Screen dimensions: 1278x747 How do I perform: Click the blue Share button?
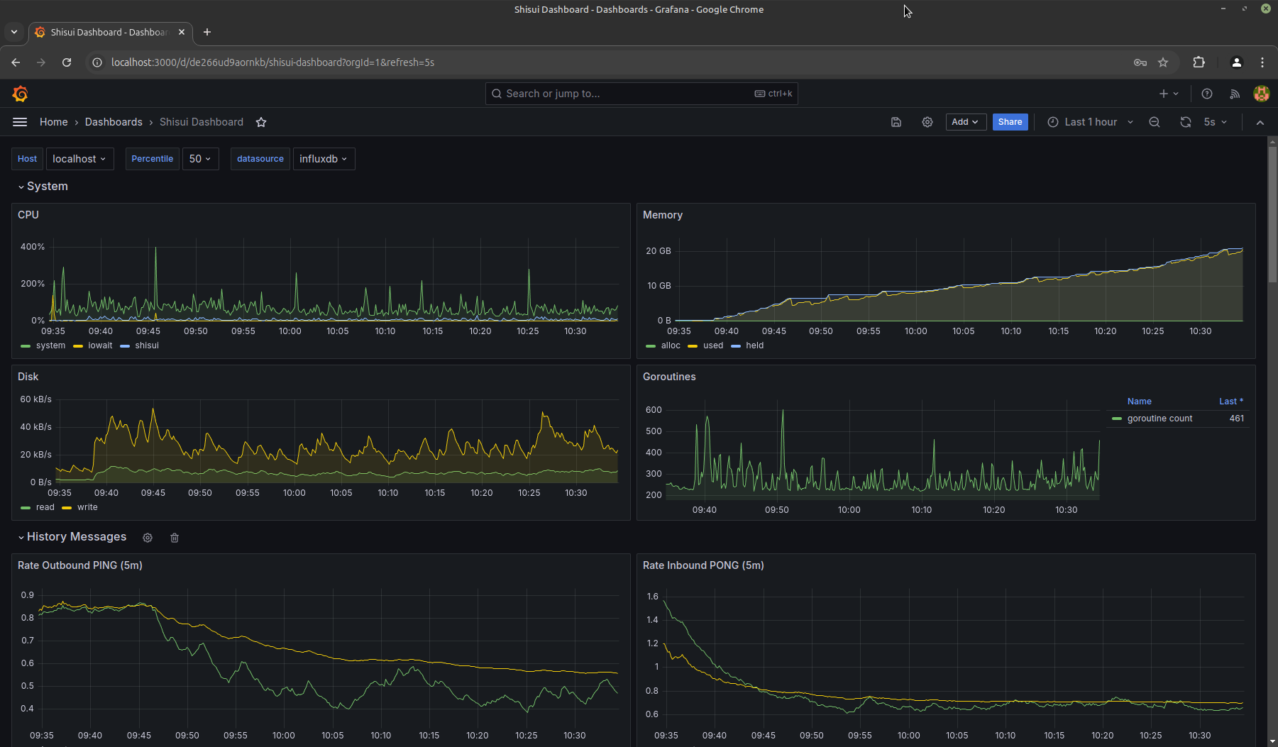click(x=1010, y=122)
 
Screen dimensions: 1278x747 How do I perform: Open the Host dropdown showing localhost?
click(x=79, y=159)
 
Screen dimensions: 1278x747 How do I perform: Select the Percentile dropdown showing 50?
click(x=200, y=159)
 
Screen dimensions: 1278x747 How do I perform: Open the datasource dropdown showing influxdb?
click(x=324, y=159)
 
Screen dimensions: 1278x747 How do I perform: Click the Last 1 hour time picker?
click(x=1091, y=122)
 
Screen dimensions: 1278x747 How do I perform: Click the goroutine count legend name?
click(x=1159, y=419)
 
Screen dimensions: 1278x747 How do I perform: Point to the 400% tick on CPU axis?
click(x=33, y=247)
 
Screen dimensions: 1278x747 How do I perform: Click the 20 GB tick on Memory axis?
click(x=659, y=251)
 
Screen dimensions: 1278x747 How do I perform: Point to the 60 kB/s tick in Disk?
click(x=36, y=399)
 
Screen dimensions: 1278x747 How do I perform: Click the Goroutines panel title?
click(x=669, y=377)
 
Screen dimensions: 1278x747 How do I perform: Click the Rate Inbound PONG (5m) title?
click(x=703, y=565)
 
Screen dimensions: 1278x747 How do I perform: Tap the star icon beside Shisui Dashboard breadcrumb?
click(x=261, y=122)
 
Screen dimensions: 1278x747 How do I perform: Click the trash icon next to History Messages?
click(x=175, y=538)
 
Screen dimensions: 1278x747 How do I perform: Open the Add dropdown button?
click(x=966, y=122)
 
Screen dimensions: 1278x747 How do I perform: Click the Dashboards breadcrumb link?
click(x=114, y=122)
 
